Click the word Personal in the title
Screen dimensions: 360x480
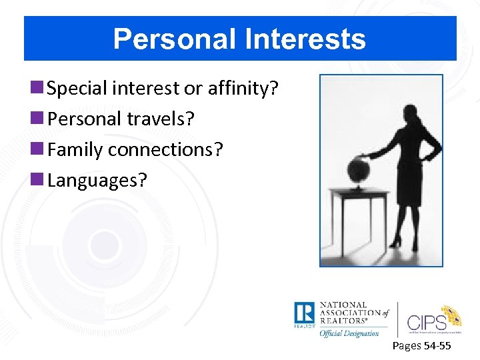coord(173,39)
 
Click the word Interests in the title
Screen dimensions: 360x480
coord(304,39)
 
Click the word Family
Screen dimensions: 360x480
coord(75,149)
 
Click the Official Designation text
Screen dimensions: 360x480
coord(349,333)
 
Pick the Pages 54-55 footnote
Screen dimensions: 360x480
coord(421,345)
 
